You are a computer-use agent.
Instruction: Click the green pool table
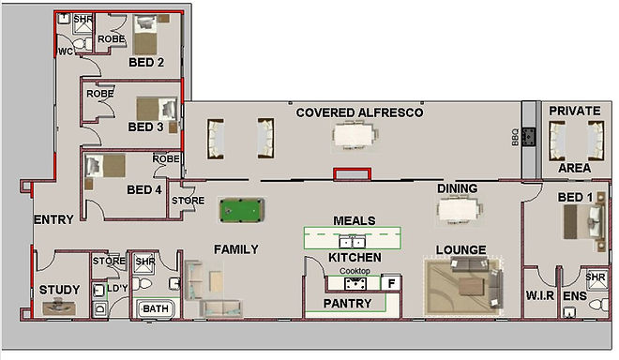(242, 210)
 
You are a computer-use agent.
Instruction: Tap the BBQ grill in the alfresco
(529, 137)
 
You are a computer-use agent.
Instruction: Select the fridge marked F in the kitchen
(391, 283)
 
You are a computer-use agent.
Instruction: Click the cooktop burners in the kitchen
(355, 283)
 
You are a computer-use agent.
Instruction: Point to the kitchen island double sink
(352, 241)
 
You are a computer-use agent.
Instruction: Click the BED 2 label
(146, 63)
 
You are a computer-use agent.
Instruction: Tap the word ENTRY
(53, 219)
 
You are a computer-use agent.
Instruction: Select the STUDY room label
(60, 290)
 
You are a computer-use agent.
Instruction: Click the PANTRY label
(347, 303)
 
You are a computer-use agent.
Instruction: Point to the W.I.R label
(539, 295)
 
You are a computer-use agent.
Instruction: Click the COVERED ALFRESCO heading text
(359, 112)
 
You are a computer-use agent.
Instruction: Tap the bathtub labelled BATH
(156, 308)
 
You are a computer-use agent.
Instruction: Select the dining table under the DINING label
(460, 210)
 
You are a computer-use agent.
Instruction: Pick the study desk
(59, 307)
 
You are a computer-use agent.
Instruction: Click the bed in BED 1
(584, 221)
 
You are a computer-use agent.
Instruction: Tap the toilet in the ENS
(598, 305)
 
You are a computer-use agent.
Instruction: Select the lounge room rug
(462, 286)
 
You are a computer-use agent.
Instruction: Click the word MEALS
(355, 220)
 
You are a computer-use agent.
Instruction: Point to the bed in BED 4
(105, 166)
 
